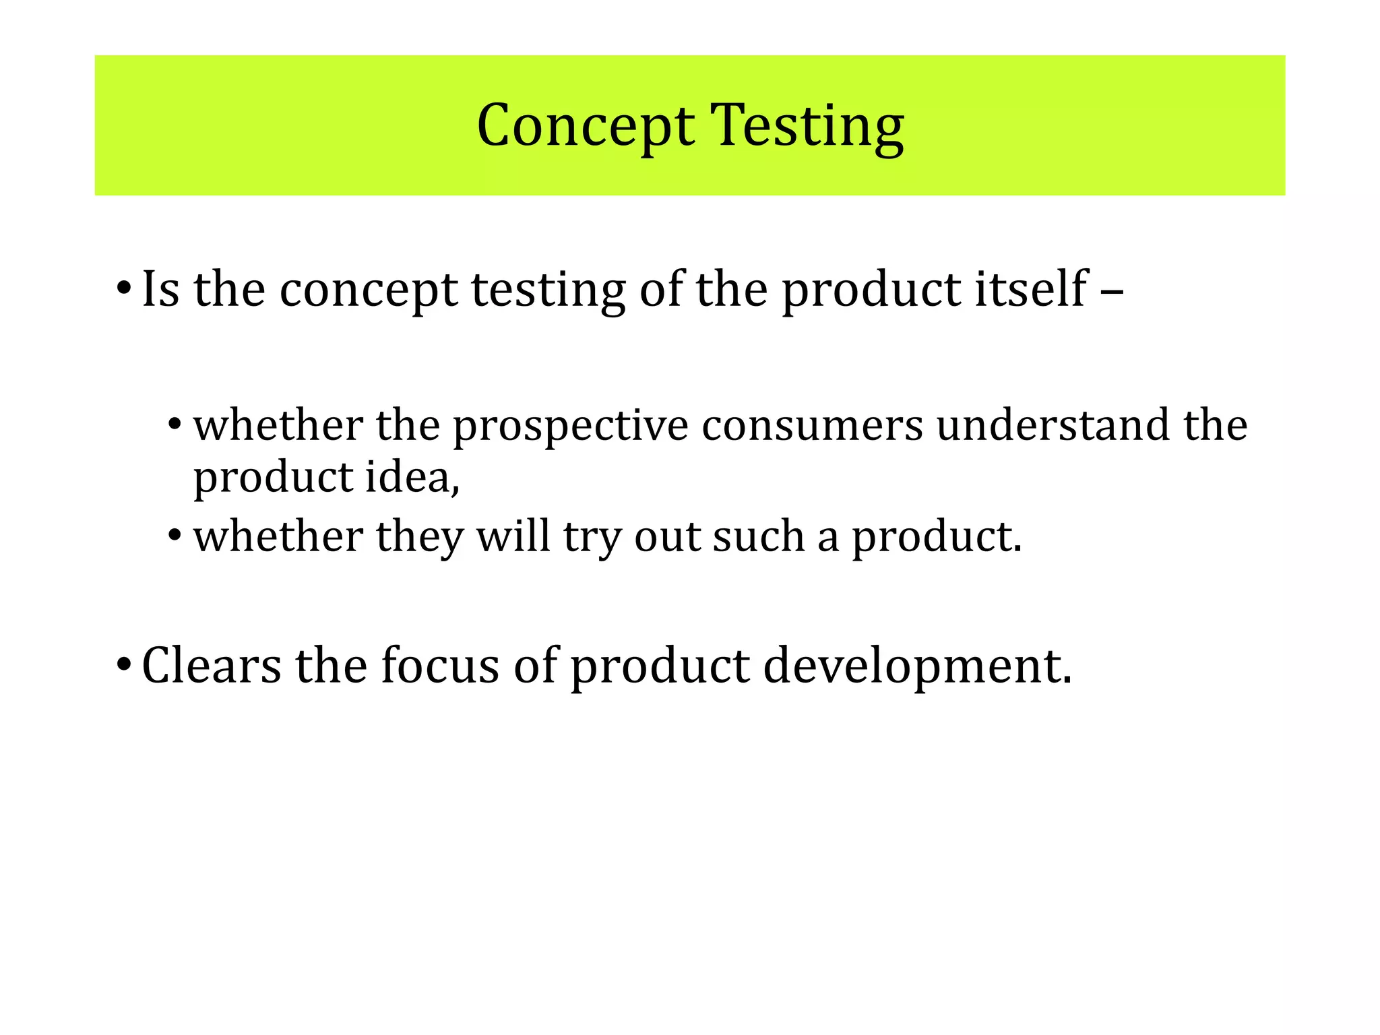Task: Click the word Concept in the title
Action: pos(585,126)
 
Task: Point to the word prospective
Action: pos(570,427)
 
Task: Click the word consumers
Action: pos(812,426)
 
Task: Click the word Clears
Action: pos(212,665)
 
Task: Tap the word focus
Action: pos(440,665)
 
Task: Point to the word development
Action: pos(916,666)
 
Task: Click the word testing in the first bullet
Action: pos(548,290)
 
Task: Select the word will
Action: pos(513,537)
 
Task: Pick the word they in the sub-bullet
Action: pos(420,538)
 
